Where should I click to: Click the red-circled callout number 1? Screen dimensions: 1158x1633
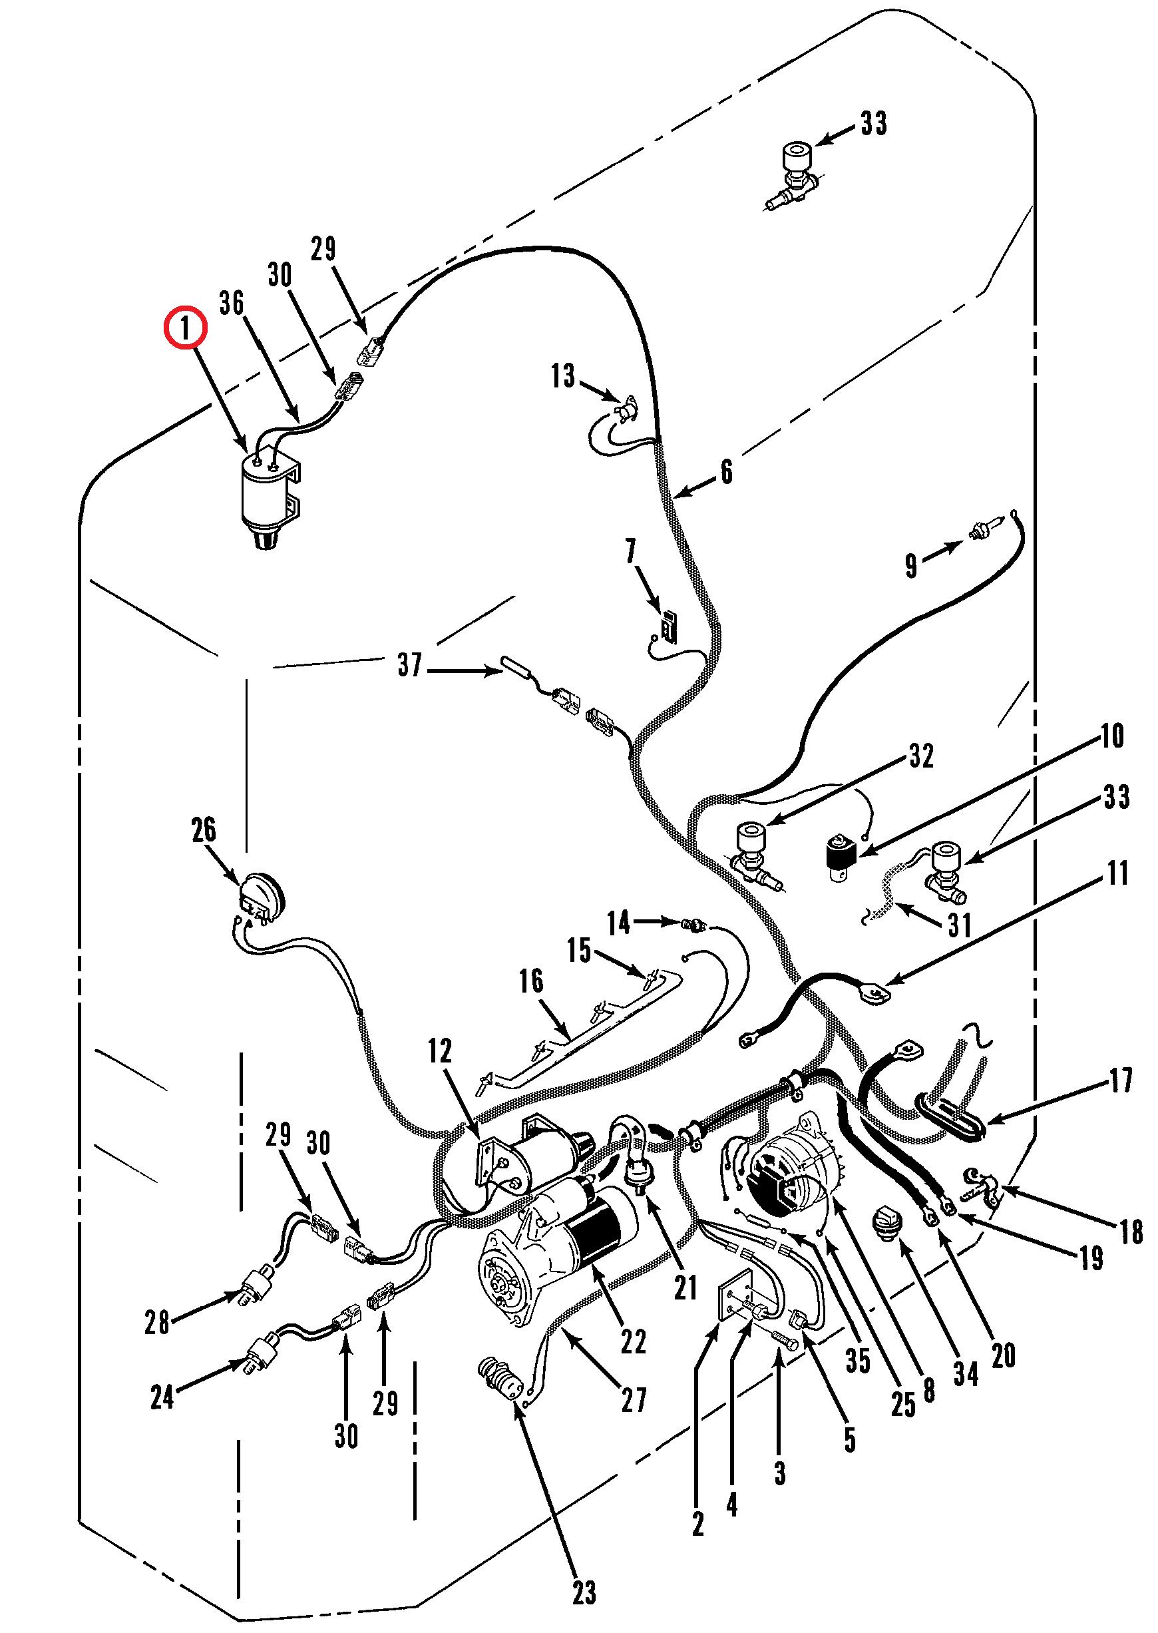[x=186, y=328]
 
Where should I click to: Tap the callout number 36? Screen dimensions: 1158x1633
[x=232, y=303]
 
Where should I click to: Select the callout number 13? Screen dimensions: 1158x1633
[x=562, y=376]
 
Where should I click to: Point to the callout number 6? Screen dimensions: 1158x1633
[x=727, y=472]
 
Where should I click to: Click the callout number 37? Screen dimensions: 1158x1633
[x=410, y=664]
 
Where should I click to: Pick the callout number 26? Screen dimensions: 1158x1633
[x=204, y=830]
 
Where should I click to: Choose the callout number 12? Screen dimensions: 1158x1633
[x=440, y=1051]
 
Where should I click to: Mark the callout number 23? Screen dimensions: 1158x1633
[x=584, y=1592]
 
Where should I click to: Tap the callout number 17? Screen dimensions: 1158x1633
[x=1121, y=1080]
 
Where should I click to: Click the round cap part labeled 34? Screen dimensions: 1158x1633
[x=888, y=1224]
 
